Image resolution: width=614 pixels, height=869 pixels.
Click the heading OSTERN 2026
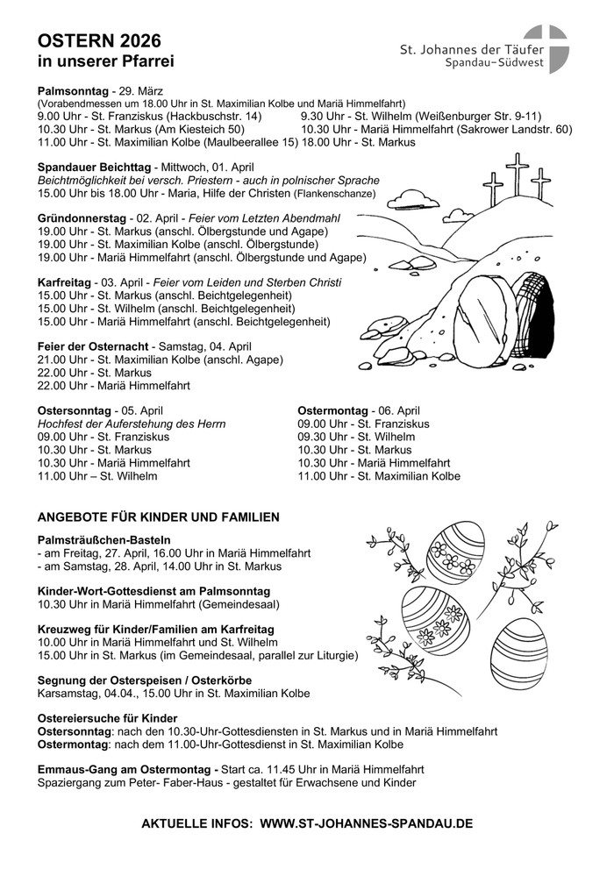(x=98, y=41)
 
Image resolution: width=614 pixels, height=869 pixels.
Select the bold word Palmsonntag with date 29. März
(x=74, y=91)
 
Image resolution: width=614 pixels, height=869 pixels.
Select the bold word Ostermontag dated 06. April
(x=333, y=410)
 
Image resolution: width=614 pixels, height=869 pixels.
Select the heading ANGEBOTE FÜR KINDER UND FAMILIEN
(x=159, y=517)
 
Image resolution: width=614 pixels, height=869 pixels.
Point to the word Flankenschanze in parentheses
(x=335, y=193)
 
